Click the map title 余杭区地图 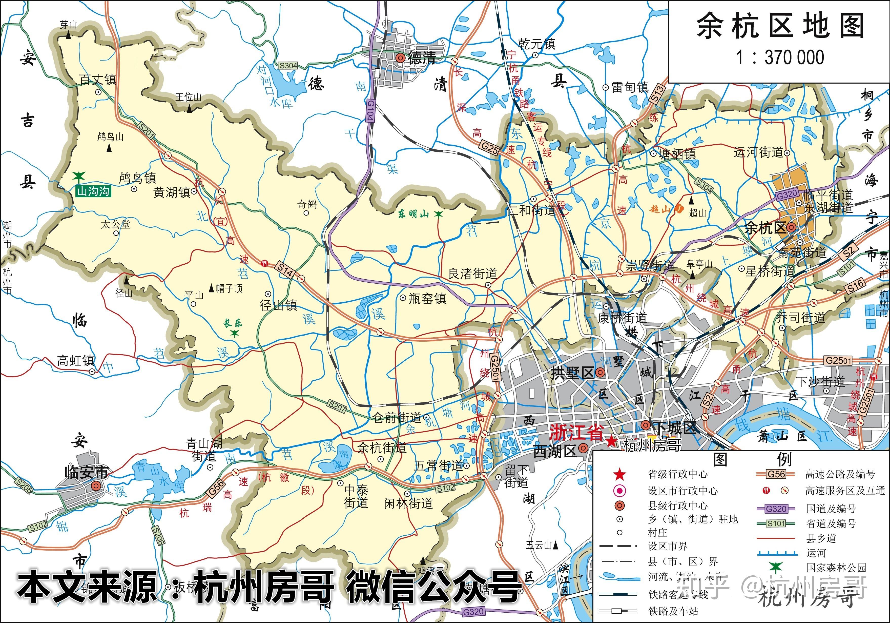pos(780,26)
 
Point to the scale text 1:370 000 pos(780,58)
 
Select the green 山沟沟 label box pos(93,191)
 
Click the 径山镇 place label pos(278,305)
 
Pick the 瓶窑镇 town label pos(427,298)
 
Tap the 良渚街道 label pos(472,274)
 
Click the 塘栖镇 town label pos(678,154)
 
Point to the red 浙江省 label pos(576,433)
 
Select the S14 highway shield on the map pos(285,270)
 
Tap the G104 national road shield pos(370,111)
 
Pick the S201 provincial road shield pos(147,131)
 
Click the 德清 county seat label pos(422,58)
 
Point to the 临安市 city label pos(86,473)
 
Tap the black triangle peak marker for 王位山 pos(189,109)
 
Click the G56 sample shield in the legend pos(776,474)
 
